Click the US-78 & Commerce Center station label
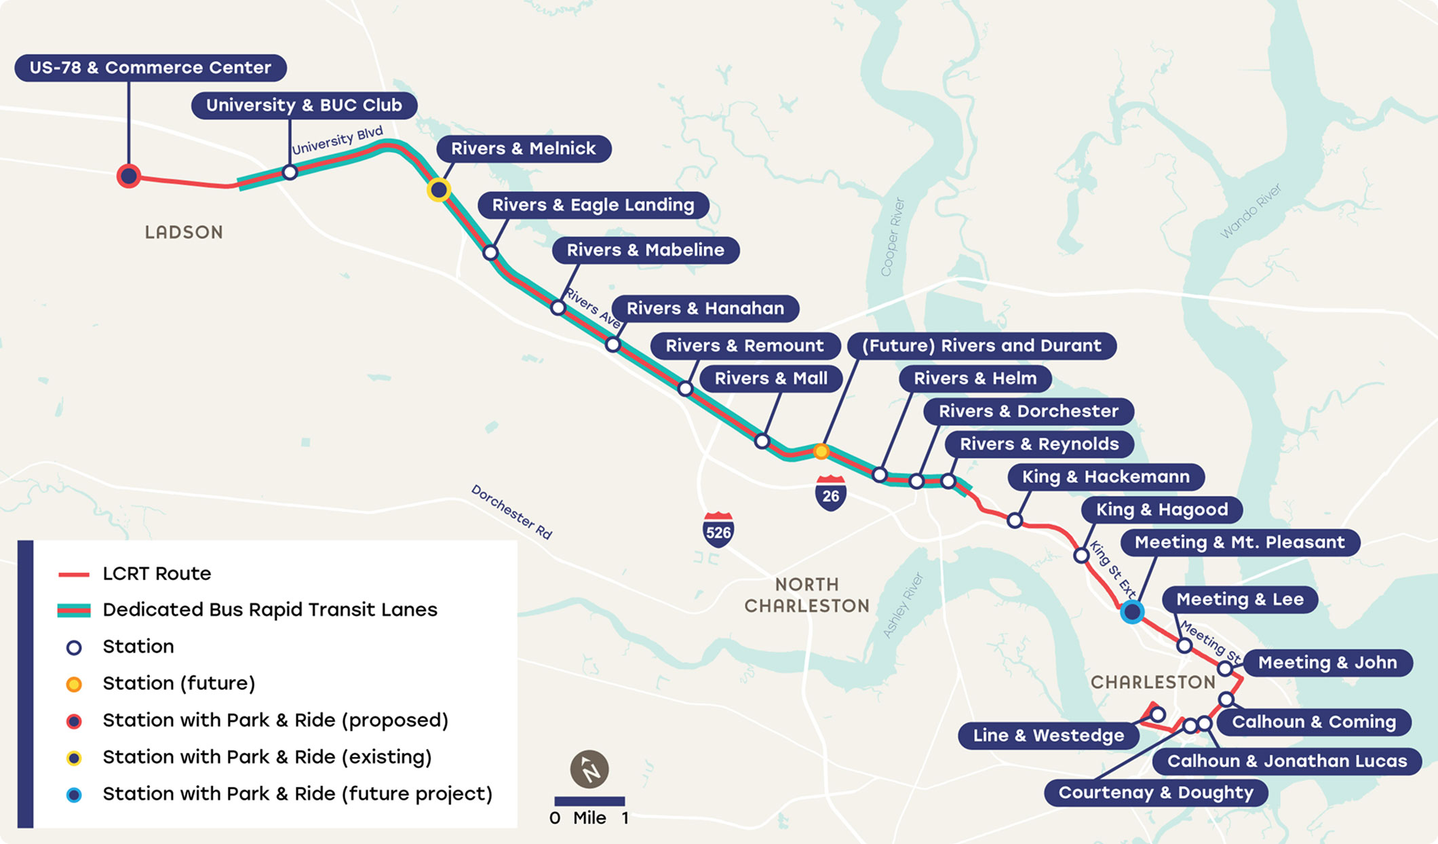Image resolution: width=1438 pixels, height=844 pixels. (150, 68)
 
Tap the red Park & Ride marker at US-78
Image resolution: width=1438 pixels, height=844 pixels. (128, 176)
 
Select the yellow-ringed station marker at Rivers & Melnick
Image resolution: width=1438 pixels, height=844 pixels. (439, 190)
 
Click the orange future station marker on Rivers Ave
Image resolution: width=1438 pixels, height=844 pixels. (821, 451)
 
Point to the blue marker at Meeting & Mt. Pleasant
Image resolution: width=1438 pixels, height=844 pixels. (1131, 612)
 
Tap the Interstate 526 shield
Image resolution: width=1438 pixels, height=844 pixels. (718, 531)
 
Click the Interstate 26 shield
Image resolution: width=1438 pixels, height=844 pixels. (830, 494)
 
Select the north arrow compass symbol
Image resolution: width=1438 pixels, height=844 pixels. (589, 769)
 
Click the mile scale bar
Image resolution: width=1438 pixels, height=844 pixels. (589, 801)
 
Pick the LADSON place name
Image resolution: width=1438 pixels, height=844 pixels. (184, 232)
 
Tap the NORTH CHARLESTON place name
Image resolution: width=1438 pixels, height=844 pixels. (807, 595)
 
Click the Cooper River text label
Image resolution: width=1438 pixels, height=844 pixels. (892, 237)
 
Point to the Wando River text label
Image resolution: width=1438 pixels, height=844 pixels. (1251, 211)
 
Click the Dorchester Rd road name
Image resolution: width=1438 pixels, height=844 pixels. (511, 512)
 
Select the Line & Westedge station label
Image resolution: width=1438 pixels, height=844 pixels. (1048, 735)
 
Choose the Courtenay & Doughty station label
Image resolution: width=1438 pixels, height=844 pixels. (1156, 792)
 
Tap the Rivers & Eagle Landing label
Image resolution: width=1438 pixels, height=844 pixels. (593, 205)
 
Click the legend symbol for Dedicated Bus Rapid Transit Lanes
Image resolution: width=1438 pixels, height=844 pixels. (74, 610)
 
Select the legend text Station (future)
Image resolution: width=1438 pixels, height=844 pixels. (178, 683)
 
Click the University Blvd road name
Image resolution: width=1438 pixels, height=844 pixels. (337, 140)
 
